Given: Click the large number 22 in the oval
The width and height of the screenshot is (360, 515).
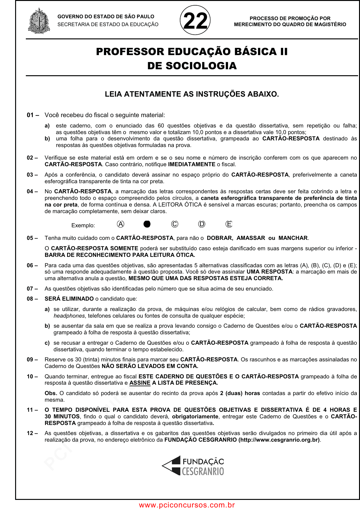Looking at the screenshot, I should [x=195, y=21].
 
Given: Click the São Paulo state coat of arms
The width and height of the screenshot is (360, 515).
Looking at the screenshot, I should [x=39, y=21].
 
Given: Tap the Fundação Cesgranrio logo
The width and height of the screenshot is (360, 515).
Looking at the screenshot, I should [x=193, y=466].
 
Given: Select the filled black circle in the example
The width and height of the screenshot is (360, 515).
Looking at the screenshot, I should [x=147, y=224].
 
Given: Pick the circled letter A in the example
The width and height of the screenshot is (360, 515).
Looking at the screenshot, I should [x=121, y=224].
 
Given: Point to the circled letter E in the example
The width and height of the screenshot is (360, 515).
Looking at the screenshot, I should [x=229, y=224].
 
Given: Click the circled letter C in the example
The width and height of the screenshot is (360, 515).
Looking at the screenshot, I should [x=174, y=224].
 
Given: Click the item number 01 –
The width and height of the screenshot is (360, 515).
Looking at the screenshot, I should [x=33, y=115].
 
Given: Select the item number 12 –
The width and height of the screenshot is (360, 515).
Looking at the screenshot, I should [x=32, y=433].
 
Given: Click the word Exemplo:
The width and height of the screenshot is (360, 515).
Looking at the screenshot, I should [x=83, y=225].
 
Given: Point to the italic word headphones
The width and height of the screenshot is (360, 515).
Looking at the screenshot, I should [x=69, y=316].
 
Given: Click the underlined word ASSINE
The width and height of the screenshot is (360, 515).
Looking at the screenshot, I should [x=140, y=383].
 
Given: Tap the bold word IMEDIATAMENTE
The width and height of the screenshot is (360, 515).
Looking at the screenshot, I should [x=191, y=164].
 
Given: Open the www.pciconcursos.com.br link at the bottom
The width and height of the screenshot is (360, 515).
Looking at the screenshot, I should [x=187, y=505].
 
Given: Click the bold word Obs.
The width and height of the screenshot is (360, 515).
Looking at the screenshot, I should [x=51, y=393].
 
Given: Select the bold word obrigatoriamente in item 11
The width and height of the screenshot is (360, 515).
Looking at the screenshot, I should [x=195, y=416].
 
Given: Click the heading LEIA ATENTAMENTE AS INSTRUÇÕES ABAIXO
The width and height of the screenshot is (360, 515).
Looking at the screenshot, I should [x=192, y=94].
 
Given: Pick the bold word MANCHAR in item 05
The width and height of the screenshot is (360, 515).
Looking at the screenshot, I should [x=293, y=238].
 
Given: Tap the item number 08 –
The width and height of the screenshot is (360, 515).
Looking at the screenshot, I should [x=32, y=299].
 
